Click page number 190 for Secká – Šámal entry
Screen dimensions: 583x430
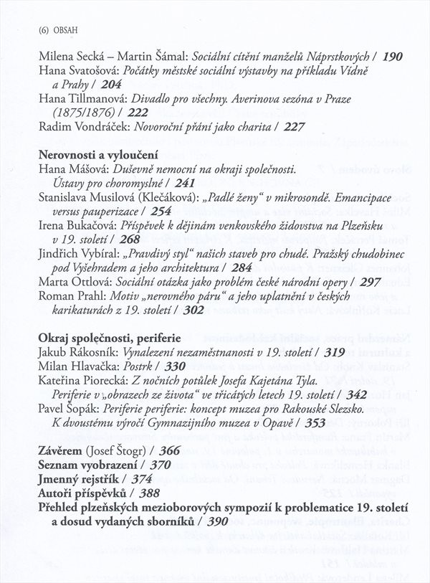(x=393, y=55)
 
